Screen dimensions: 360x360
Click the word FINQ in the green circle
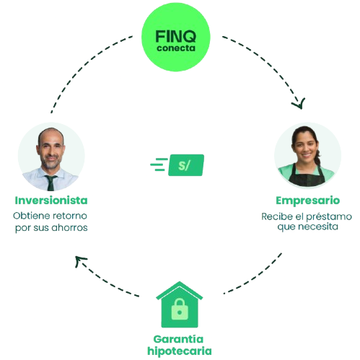pos(175,36)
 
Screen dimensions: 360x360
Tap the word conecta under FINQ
pos(176,48)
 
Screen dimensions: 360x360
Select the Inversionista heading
pos(51,201)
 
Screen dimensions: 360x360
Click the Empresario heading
pos(307,201)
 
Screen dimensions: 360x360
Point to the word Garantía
pos(178,339)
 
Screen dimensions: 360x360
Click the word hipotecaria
pos(180,351)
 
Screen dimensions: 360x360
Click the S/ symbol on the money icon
pos(184,165)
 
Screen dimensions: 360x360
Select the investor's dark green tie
pos(51,183)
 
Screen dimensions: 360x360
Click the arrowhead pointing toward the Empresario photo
pos(299,104)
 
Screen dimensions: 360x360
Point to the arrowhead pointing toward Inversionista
pos(80,261)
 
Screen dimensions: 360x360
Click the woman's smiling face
pos(305,146)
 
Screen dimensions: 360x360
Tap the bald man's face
pos(51,151)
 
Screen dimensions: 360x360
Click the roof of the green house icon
pos(180,291)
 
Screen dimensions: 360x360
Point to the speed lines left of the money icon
pos(159,164)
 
